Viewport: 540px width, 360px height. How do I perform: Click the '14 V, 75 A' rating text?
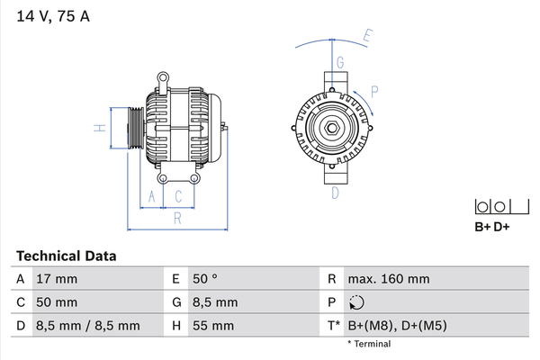53,16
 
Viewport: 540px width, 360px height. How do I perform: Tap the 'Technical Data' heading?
66,256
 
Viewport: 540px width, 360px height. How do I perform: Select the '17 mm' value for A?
57,279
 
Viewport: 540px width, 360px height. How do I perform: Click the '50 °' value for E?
205,279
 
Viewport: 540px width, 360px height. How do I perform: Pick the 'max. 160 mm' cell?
389,279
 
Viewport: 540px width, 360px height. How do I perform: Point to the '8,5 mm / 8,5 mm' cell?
88,326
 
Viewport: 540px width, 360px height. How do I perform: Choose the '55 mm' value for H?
213,326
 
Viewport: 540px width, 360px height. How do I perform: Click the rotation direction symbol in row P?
356,302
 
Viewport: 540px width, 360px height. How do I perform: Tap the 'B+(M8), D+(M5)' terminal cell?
398,326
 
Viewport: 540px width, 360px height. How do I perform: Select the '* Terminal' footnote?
369,344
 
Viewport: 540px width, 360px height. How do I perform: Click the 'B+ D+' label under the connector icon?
491,227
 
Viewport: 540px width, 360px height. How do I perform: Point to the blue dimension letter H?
100,128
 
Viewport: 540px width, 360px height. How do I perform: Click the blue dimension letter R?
177,219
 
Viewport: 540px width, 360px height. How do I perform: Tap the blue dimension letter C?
178,197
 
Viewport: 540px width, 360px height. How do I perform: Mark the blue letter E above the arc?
368,36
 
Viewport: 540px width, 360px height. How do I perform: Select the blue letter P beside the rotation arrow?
374,92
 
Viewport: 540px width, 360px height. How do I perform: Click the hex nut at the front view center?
332,128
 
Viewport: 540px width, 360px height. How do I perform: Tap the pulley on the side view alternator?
136,128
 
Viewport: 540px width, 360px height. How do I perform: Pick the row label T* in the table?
334,326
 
